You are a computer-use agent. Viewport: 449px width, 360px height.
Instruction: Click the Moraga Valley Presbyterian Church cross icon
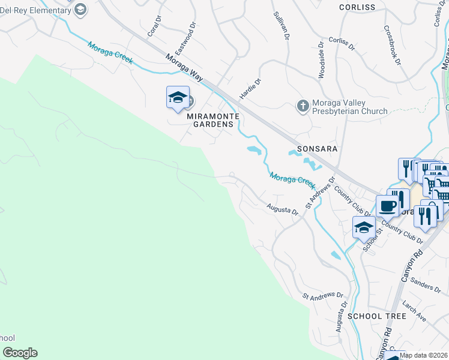pos(303,106)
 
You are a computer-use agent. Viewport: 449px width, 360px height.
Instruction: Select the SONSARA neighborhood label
pos(317,148)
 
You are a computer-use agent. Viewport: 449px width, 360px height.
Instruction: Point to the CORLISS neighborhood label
pos(357,7)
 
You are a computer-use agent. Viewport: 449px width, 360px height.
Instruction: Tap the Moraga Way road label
pos(184,67)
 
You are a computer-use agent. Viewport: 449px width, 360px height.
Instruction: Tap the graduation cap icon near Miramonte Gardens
pos(178,98)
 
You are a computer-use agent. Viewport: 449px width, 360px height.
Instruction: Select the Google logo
pos(20,353)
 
